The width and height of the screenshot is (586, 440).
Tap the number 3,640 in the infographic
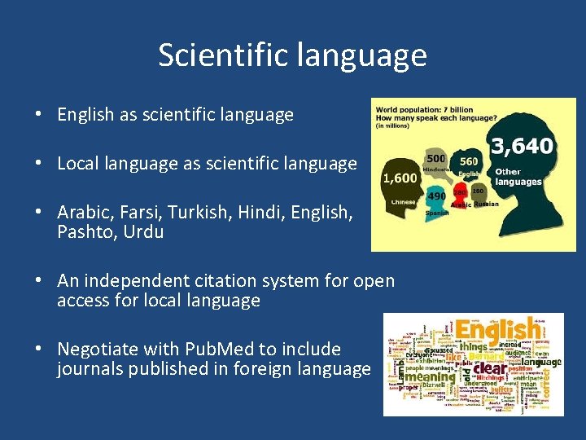point(522,147)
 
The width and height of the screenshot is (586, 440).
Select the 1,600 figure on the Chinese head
point(400,178)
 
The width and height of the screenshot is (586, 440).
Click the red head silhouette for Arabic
point(461,195)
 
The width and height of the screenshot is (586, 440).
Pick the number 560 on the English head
point(470,161)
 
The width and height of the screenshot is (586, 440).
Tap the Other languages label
point(518,177)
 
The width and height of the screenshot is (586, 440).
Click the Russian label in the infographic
point(486,204)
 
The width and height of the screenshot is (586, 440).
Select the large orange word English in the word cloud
point(496,329)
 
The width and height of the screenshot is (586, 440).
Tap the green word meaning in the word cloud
point(431,376)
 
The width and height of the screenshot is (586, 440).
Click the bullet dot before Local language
point(39,164)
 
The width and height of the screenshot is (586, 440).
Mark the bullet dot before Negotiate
point(39,350)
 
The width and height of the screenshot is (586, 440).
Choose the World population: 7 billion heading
point(422,108)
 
